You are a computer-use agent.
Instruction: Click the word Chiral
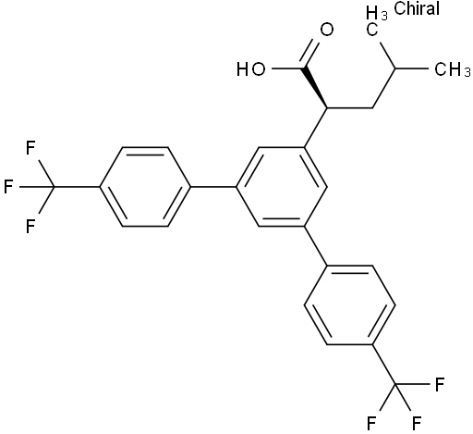pyautogui.click(x=417, y=8)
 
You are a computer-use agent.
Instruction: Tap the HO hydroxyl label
pyautogui.click(x=251, y=68)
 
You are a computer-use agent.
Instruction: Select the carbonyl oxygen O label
pyautogui.click(x=327, y=30)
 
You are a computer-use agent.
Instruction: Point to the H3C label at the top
pyautogui.click(x=376, y=21)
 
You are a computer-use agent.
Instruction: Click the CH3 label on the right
pyautogui.click(x=453, y=69)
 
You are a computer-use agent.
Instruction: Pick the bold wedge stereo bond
pyautogui.click(x=315, y=88)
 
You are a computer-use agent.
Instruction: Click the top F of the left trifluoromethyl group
pyautogui.click(x=30, y=147)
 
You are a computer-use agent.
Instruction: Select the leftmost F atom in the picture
pyautogui.click(x=8, y=187)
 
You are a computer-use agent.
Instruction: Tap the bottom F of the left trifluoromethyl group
pyautogui.click(x=30, y=226)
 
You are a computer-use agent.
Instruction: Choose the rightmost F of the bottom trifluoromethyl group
pyautogui.click(x=440, y=384)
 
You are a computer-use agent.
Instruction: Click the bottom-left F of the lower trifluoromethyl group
pyautogui.click(x=371, y=423)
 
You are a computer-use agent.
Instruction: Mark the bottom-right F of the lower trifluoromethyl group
pyautogui.click(x=417, y=423)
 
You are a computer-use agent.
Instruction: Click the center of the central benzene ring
pyautogui.click(x=282, y=187)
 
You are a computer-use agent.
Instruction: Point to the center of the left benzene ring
pyautogui.click(x=145, y=187)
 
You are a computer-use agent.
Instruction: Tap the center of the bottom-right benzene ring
pyautogui.click(x=349, y=304)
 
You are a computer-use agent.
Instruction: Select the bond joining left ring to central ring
pyautogui.click(x=213, y=187)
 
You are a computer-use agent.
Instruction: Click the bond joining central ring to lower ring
pyautogui.click(x=316, y=245)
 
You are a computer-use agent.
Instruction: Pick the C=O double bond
pyautogui.click(x=310, y=53)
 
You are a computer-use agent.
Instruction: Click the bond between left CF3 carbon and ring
pyautogui.click(x=77, y=187)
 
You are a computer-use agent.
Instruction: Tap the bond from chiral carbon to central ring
pyautogui.click(x=316, y=128)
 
